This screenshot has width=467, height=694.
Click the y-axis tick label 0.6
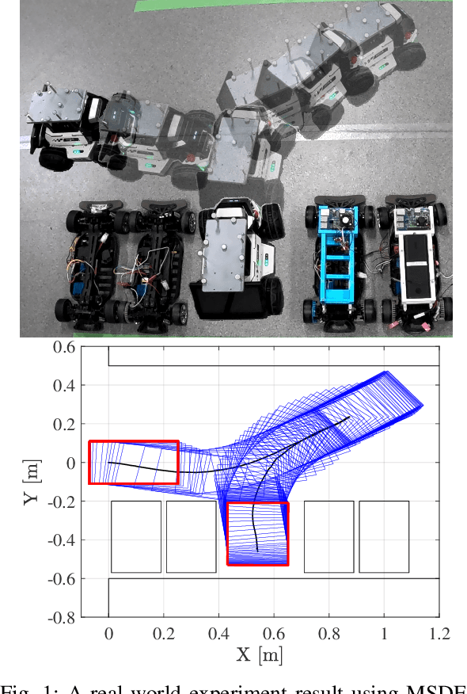[x=63, y=347]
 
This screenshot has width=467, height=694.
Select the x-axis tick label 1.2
[x=439, y=634]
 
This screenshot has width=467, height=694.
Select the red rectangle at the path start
[x=133, y=463]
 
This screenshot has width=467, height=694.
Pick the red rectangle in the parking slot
[x=257, y=533]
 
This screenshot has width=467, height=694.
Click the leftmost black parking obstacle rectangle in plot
[x=135, y=536]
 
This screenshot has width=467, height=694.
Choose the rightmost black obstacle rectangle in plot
[x=384, y=536]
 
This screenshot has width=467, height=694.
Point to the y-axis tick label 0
[x=71, y=463]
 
